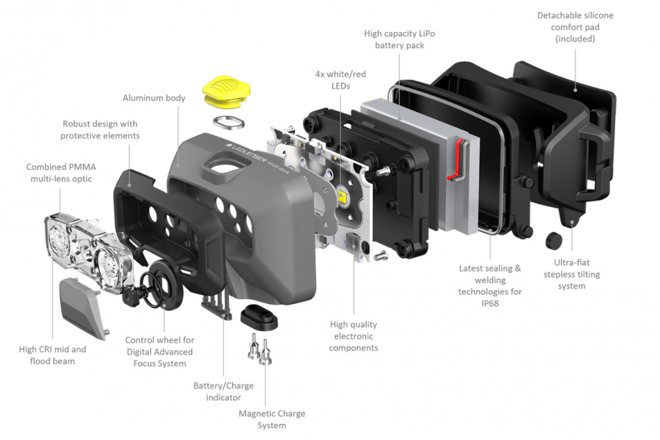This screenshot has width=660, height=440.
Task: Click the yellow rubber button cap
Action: [224, 90]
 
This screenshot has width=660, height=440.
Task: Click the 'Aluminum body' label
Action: [154, 98]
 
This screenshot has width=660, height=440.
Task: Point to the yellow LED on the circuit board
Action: [343, 196]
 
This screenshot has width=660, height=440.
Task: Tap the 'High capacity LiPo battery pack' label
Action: [399, 39]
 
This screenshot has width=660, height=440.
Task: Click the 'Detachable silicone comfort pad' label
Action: [575, 26]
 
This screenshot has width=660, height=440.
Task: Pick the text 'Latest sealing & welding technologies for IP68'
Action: [490, 280]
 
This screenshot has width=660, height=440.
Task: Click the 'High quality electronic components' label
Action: [353, 336]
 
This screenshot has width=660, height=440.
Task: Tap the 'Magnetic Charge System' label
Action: [272, 419]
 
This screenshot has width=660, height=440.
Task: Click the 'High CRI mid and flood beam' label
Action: [53, 355]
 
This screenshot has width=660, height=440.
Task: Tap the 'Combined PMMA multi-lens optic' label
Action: [59, 172]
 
